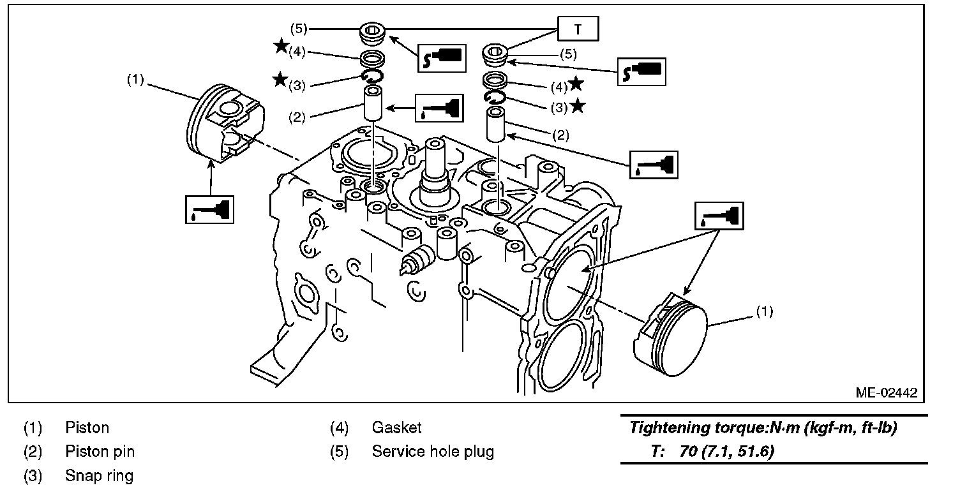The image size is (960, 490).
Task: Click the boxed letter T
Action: click(578, 29)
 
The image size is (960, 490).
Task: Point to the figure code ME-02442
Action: click(886, 392)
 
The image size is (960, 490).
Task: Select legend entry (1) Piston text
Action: click(87, 427)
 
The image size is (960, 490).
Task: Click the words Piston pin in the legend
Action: click(100, 452)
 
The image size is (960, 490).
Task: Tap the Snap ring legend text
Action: click(99, 476)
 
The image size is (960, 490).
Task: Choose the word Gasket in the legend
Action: click(396, 427)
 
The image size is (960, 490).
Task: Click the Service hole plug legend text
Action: click(433, 452)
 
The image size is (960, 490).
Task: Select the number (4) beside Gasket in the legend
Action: click(339, 427)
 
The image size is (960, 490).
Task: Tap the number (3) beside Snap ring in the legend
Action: click(33, 476)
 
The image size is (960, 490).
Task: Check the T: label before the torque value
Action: click(659, 452)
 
